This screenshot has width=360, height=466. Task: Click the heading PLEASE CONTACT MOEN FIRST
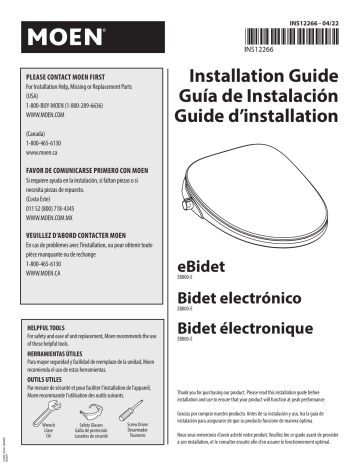81,76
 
